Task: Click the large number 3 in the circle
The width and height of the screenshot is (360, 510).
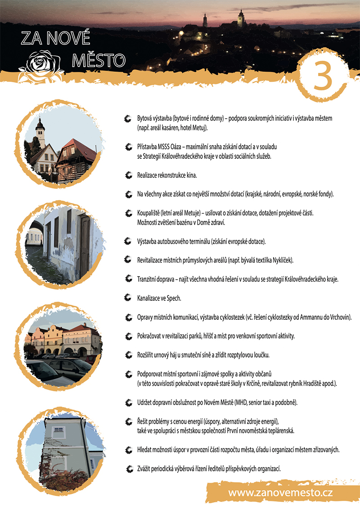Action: pyautogui.click(x=323, y=76)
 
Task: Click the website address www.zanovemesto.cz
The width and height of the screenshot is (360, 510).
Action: pyautogui.click(x=280, y=492)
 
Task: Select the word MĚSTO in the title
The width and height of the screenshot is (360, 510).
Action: pyautogui.click(x=99, y=61)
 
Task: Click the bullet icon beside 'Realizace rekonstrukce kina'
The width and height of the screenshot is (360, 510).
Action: pyautogui.click(x=129, y=175)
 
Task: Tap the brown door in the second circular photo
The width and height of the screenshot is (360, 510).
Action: pyautogui.click(x=85, y=247)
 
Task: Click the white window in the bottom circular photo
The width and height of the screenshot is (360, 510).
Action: pyautogui.click(x=58, y=432)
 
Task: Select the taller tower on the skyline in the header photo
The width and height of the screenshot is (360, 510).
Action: pyautogui.click(x=241, y=19)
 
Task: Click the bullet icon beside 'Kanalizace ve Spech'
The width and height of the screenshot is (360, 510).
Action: pyautogui.click(x=128, y=298)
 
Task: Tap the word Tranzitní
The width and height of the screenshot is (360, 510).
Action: pyautogui.click(x=146, y=279)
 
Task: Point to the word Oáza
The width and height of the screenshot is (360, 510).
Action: pyautogui.click(x=176, y=147)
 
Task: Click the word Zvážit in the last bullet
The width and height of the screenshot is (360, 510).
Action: pyautogui.click(x=144, y=469)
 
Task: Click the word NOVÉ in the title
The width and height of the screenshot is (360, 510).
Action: pyautogui.click(x=68, y=38)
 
